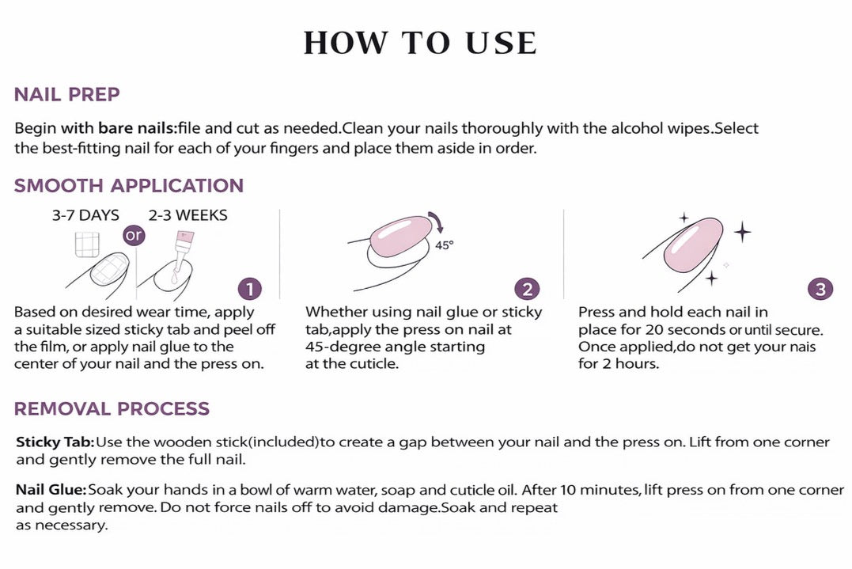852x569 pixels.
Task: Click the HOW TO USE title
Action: point(420,43)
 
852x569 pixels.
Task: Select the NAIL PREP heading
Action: point(66,94)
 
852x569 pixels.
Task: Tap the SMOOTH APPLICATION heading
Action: point(129,186)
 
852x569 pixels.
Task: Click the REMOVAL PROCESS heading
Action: point(112,408)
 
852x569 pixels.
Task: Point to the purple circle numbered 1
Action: point(250,289)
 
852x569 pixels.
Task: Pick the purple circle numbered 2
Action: point(528,289)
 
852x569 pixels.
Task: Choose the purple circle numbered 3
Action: point(820,289)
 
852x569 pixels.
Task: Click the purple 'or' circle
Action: point(134,236)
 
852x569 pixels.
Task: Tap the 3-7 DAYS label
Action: point(85,216)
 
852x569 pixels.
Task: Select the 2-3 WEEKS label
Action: point(188,216)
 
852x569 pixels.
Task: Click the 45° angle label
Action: point(444,245)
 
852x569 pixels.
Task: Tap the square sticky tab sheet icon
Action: point(88,244)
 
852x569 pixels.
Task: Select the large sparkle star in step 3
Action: point(742,232)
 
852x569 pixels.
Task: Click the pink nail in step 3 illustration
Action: point(693,247)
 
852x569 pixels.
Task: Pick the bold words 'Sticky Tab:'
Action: point(55,442)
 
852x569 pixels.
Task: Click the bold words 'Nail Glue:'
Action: point(51,490)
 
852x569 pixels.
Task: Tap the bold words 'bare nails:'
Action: point(138,128)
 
